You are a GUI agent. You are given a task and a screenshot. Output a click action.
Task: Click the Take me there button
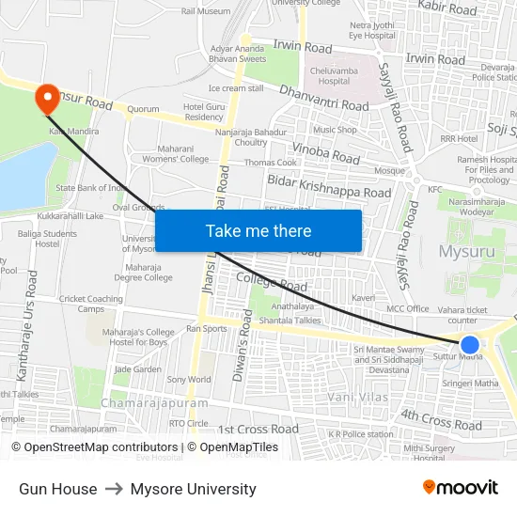(x=258, y=230)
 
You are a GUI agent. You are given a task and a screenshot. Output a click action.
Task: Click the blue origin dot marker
(x=470, y=345)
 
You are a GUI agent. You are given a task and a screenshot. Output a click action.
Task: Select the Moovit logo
(x=460, y=488)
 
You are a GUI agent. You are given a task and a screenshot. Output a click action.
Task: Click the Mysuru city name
(x=466, y=251)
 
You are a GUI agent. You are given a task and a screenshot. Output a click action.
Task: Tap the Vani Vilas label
(x=357, y=398)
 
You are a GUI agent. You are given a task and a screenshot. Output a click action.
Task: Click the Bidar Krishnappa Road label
(x=329, y=185)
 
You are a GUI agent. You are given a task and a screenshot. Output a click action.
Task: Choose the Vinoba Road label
(x=325, y=151)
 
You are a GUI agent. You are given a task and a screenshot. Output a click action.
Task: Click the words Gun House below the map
(x=57, y=489)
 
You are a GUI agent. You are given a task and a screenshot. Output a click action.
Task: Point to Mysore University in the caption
(x=193, y=489)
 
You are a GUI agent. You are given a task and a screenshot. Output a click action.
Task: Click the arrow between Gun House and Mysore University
(x=114, y=489)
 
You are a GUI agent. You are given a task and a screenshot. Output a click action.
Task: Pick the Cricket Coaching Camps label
(x=91, y=304)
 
